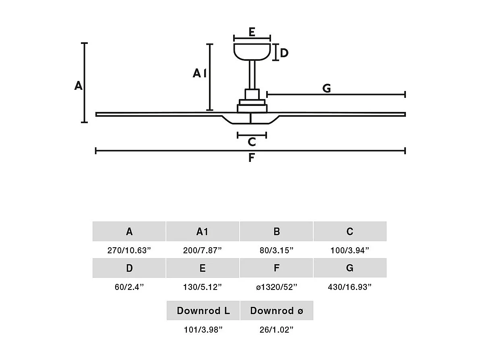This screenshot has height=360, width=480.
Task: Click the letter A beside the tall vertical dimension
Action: click(x=78, y=86)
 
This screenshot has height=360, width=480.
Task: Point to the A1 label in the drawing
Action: click(x=199, y=73)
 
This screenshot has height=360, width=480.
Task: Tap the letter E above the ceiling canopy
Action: click(x=252, y=32)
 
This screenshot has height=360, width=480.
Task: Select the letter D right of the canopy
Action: click(x=284, y=53)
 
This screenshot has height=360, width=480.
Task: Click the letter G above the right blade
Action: click(x=327, y=88)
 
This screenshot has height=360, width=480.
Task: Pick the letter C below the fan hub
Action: click(x=252, y=142)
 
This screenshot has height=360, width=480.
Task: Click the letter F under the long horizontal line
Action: click(x=251, y=158)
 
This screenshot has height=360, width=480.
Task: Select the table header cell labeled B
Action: click(x=276, y=232)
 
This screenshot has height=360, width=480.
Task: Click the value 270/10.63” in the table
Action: click(x=129, y=250)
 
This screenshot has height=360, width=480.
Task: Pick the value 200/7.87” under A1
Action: click(x=203, y=250)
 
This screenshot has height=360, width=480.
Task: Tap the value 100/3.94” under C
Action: click(x=350, y=250)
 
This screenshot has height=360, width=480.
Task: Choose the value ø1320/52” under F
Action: click(x=276, y=287)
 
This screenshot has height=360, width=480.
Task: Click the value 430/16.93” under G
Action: click(x=350, y=287)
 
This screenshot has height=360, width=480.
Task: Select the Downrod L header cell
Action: click(x=203, y=310)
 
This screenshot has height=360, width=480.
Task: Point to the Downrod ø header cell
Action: click(x=276, y=310)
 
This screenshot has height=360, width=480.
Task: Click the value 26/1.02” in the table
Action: click(x=276, y=330)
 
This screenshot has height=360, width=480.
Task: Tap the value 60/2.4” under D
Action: click(x=129, y=287)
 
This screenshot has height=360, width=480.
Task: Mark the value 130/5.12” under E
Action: click(x=203, y=287)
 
